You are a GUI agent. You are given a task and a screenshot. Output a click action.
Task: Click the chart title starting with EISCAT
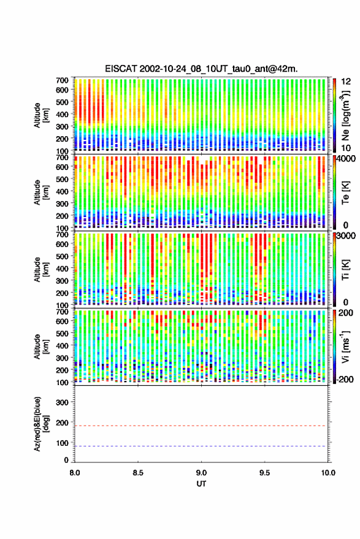point(202,69)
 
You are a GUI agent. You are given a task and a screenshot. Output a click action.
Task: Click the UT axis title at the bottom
point(202,484)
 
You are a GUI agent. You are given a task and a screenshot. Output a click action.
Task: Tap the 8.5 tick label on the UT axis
point(138,473)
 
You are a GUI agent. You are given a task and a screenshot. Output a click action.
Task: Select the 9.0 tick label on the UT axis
point(202,473)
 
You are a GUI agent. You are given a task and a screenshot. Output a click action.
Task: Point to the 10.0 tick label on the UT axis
point(328,473)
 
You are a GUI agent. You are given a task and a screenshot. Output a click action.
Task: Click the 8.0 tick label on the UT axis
point(75,473)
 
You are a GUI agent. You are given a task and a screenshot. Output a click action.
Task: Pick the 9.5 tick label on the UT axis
point(265,473)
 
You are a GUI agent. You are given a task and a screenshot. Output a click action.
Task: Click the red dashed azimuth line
point(202,426)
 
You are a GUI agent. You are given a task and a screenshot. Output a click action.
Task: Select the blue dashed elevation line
point(202,446)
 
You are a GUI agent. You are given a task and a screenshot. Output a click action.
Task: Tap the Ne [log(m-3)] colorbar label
point(346,115)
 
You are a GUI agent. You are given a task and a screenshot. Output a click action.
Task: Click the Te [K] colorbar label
point(345,193)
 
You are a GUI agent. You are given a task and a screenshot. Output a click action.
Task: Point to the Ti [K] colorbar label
point(345,270)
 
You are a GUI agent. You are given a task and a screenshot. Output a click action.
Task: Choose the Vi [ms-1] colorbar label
point(345,346)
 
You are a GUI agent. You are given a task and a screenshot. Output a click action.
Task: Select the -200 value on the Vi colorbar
point(345,380)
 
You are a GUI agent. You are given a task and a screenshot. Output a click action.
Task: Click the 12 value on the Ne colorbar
point(346,82)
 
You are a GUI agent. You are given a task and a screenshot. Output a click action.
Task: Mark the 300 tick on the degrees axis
point(62,402)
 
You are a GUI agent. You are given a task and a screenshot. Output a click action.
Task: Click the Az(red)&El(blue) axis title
point(40,424)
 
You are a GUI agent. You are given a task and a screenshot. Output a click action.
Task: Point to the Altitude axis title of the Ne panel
point(40,115)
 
